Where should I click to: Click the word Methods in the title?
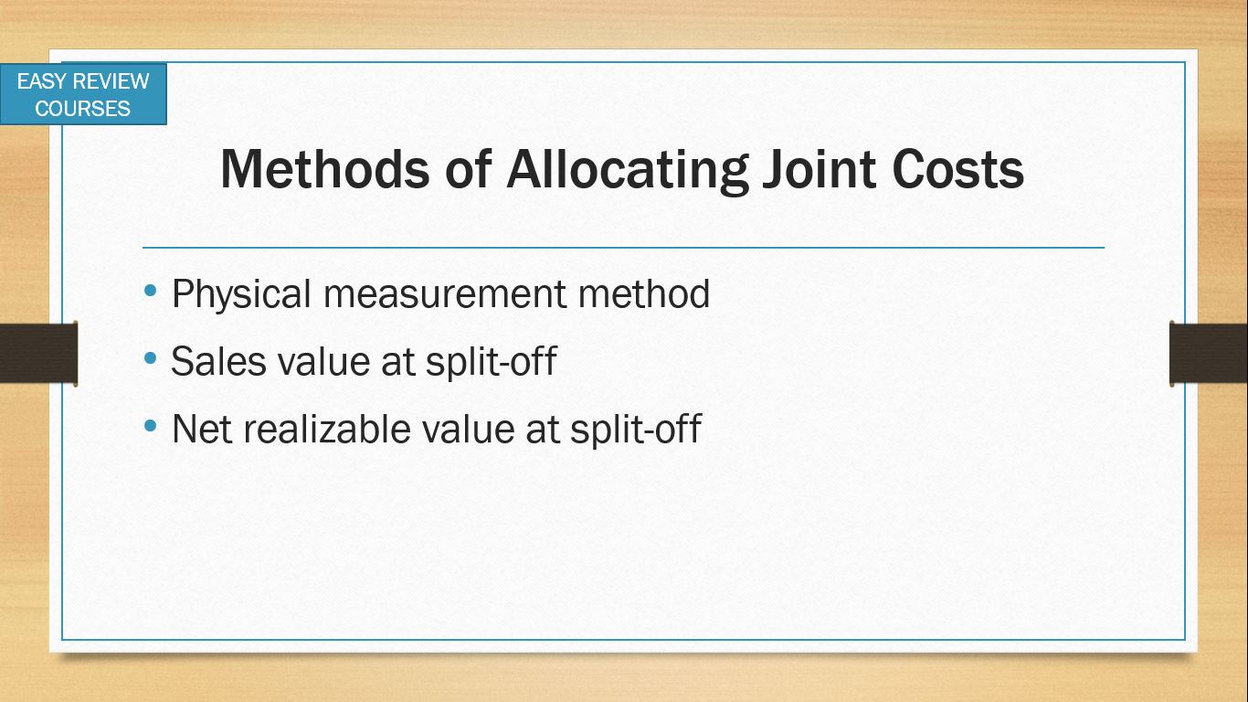[325, 169]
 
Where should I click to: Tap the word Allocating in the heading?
[628, 171]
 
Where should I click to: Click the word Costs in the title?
[957, 169]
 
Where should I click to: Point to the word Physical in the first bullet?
[241, 294]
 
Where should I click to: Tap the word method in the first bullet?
[644, 293]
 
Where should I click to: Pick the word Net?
[202, 430]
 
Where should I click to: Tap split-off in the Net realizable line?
[636, 431]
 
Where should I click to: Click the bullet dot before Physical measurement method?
[150, 290]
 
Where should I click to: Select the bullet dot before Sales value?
[150, 358]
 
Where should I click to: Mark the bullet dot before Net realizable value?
[150, 426]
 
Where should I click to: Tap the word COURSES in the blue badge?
[82, 108]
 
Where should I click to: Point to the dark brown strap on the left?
[38, 353]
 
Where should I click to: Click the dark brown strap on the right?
[1209, 353]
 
